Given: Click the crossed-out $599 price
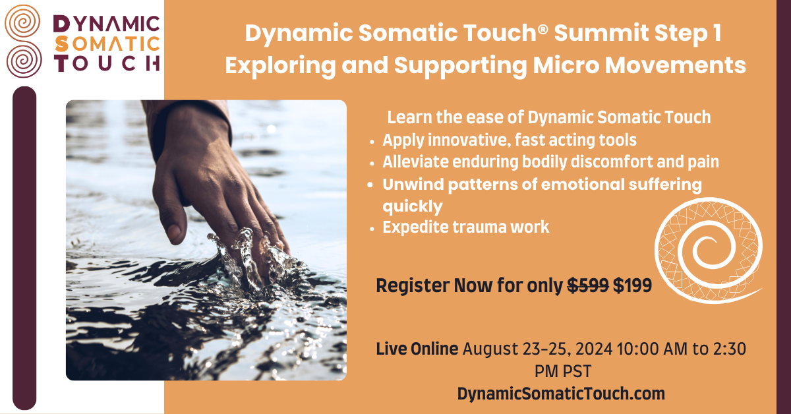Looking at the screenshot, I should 589,286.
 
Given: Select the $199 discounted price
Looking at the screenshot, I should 633,286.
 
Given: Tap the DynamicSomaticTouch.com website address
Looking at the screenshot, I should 561,394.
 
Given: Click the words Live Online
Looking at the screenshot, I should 417,349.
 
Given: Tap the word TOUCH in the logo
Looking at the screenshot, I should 107,63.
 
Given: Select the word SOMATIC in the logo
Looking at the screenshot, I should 107,44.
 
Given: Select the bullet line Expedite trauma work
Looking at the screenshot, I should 465,227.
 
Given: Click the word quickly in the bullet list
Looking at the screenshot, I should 412,206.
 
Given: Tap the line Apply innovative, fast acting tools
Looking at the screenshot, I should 509,140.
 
